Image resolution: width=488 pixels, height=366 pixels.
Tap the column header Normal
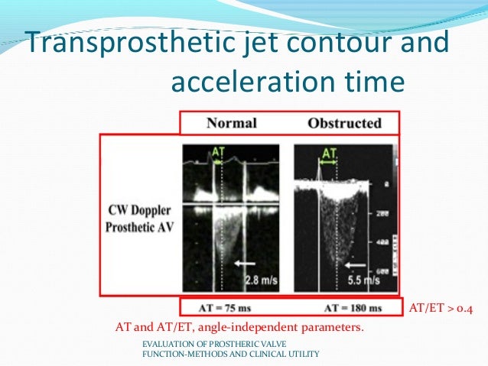(x=231, y=122)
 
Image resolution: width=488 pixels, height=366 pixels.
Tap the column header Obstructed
(x=343, y=122)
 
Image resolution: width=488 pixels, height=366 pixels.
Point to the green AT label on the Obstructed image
(x=329, y=154)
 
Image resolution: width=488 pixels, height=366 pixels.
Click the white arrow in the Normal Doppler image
(x=246, y=262)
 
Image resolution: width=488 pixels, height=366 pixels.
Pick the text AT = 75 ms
(x=227, y=307)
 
